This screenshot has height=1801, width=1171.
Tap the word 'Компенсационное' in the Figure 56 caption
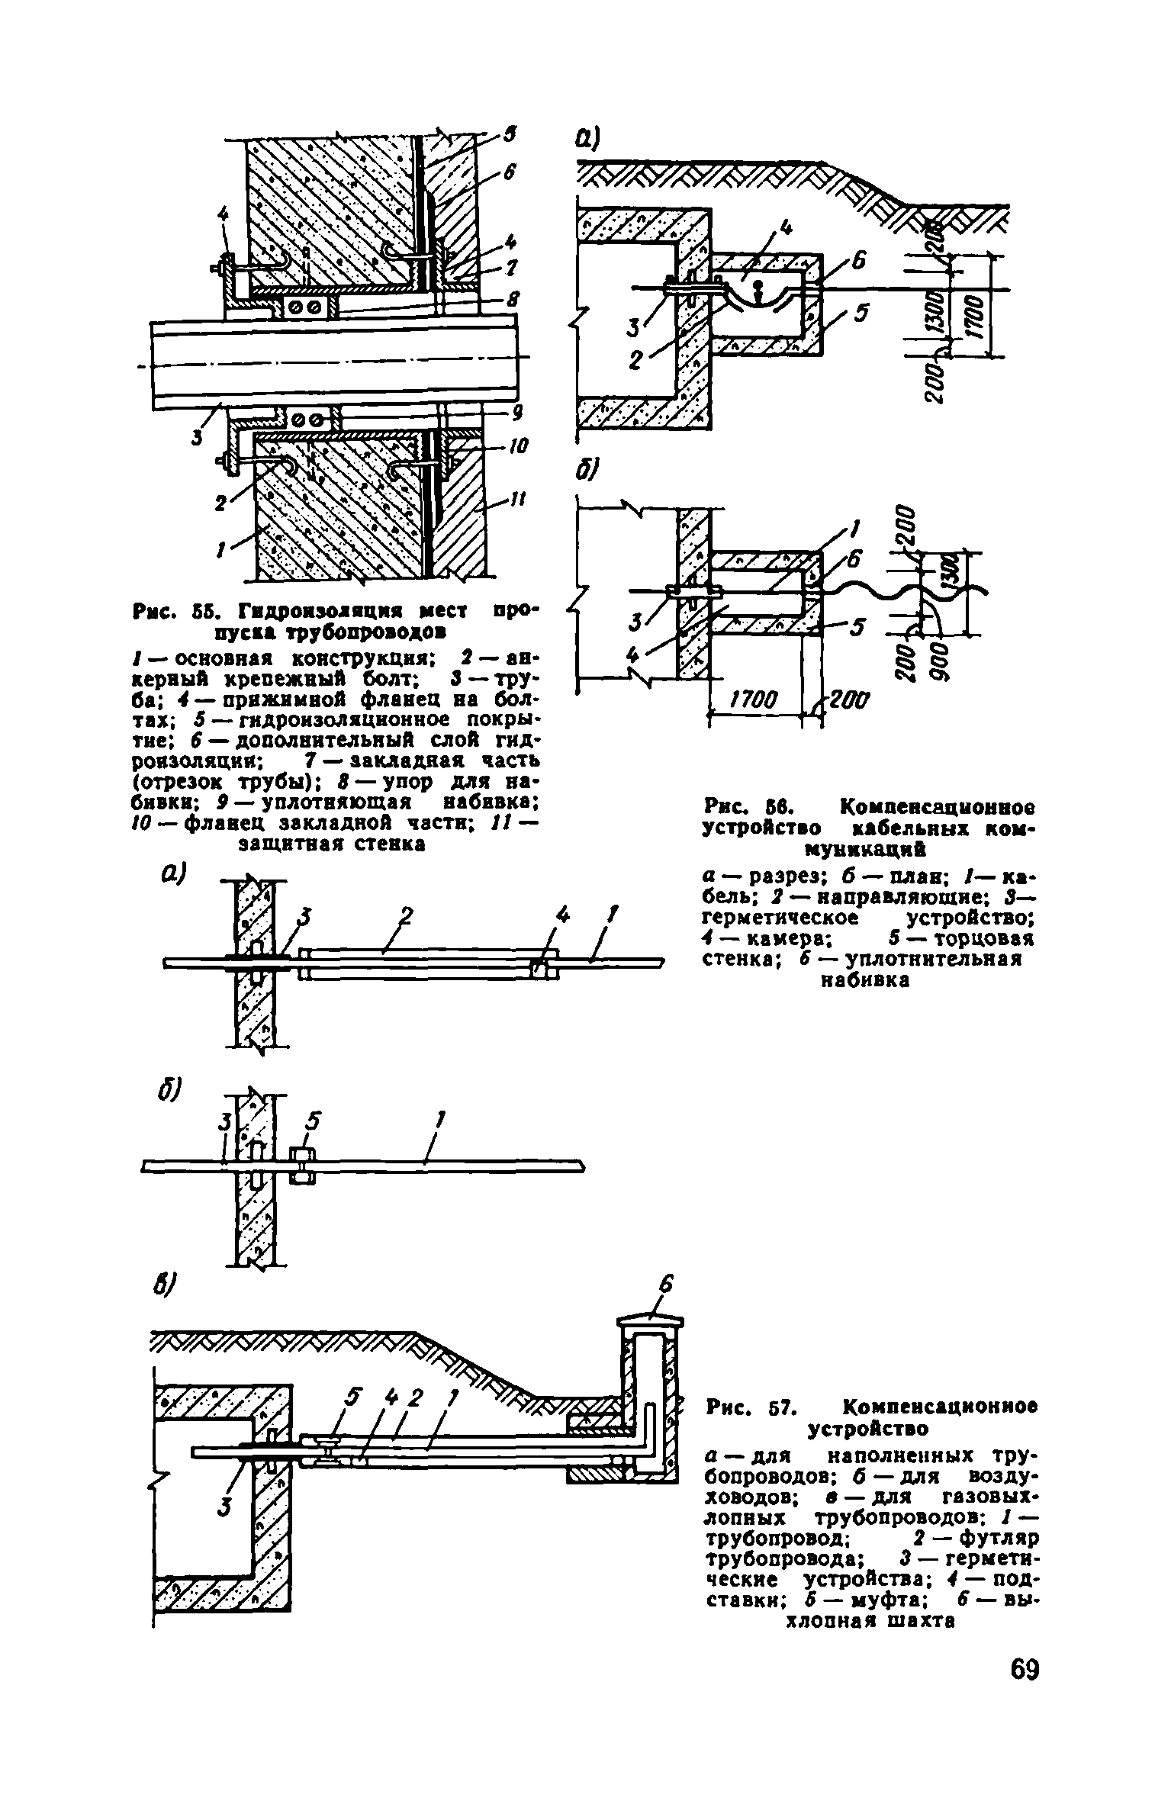point(938,807)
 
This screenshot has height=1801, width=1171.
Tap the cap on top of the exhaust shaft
point(651,1321)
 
